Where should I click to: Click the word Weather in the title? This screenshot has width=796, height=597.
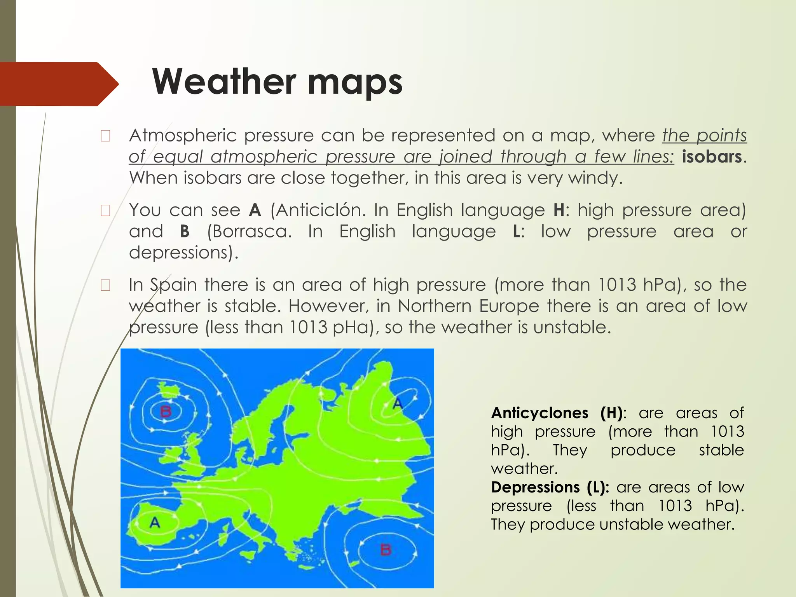(x=224, y=82)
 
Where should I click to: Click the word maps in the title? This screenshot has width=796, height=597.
(x=354, y=82)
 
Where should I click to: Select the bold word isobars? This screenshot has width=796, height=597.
(x=712, y=157)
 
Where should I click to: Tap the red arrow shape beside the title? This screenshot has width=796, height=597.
(x=58, y=84)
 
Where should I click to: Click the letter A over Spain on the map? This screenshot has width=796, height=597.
(x=155, y=522)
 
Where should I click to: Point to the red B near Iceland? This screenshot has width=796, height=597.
(x=166, y=411)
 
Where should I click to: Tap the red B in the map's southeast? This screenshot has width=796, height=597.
(x=386, y=550)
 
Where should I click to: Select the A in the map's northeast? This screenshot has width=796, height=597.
(x=397, y=404)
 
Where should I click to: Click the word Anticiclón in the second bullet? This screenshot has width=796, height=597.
(x=318, y=210)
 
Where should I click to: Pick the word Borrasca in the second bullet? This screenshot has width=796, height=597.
(x=249, y=232)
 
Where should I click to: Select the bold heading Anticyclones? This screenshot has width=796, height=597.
(x=539, y=413)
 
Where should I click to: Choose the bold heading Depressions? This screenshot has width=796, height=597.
(x=535, y=487)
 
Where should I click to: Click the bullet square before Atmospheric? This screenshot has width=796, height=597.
(x=105, y=136)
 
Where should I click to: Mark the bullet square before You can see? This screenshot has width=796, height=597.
(x=105, y=211)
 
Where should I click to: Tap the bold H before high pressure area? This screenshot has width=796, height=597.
(x=559, y=210)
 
